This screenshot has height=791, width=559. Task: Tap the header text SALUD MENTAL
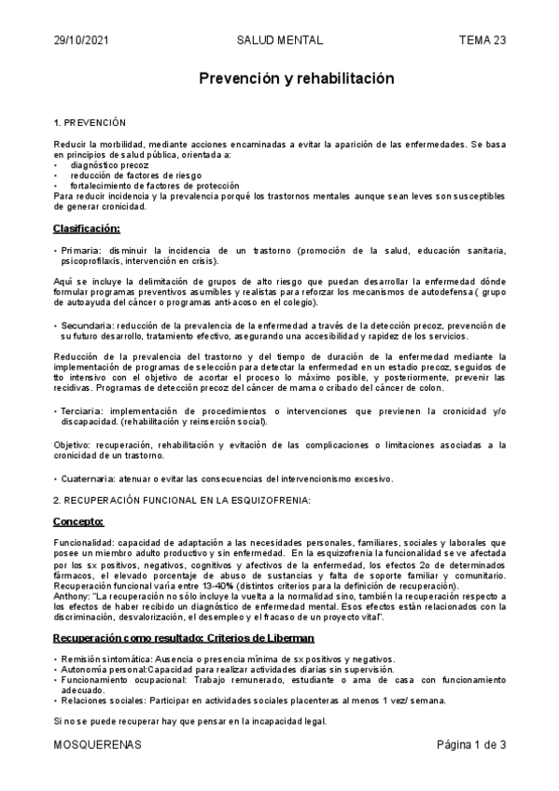click(280, 41)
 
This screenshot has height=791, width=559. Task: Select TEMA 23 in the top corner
click(482, 41)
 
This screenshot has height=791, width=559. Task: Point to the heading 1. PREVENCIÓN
click(96, 123)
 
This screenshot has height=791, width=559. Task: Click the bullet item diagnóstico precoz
click(110, 164)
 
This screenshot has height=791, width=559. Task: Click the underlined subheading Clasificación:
click(87, 229)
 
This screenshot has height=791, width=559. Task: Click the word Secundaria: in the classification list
click(87, 325)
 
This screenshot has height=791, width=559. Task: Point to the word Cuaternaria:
click(89, 479)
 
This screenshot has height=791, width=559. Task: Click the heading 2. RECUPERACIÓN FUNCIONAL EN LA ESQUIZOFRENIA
click(181, 500)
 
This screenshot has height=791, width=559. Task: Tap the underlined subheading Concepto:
click(78, 521)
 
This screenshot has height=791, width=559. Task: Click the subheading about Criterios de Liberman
click(184, 637)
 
